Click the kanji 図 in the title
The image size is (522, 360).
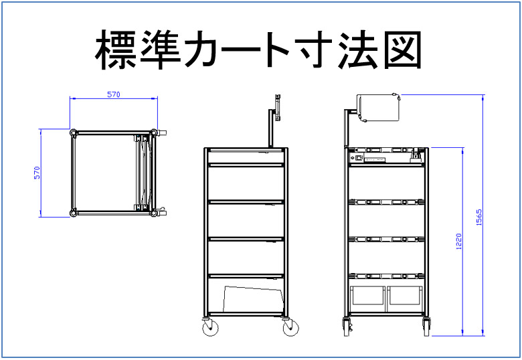tap(403, 50)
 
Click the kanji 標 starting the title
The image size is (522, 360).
tap(116, 50)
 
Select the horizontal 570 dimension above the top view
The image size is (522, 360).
tap(114, 94)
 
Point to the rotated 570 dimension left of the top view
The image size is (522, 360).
tap(37, 173)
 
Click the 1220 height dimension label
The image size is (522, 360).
tap(458, 242)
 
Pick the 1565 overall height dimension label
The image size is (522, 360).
tap(478, 217)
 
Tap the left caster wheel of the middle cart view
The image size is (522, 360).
tap(210, 328)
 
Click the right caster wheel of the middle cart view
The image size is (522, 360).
tap(290, 328)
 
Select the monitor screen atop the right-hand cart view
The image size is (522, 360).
tap(378, 108)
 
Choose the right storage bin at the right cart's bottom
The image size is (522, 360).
tap(406, 296)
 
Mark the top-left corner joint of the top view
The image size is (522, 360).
tap(74, 132)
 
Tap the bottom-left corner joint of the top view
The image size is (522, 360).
tap(74, 213)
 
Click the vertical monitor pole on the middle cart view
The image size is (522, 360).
tap(271, 128)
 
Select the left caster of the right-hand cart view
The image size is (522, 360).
tap(347, 327)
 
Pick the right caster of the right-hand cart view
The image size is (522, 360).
tap(426, 327)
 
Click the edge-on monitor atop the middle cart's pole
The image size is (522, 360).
tap(278, 107)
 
